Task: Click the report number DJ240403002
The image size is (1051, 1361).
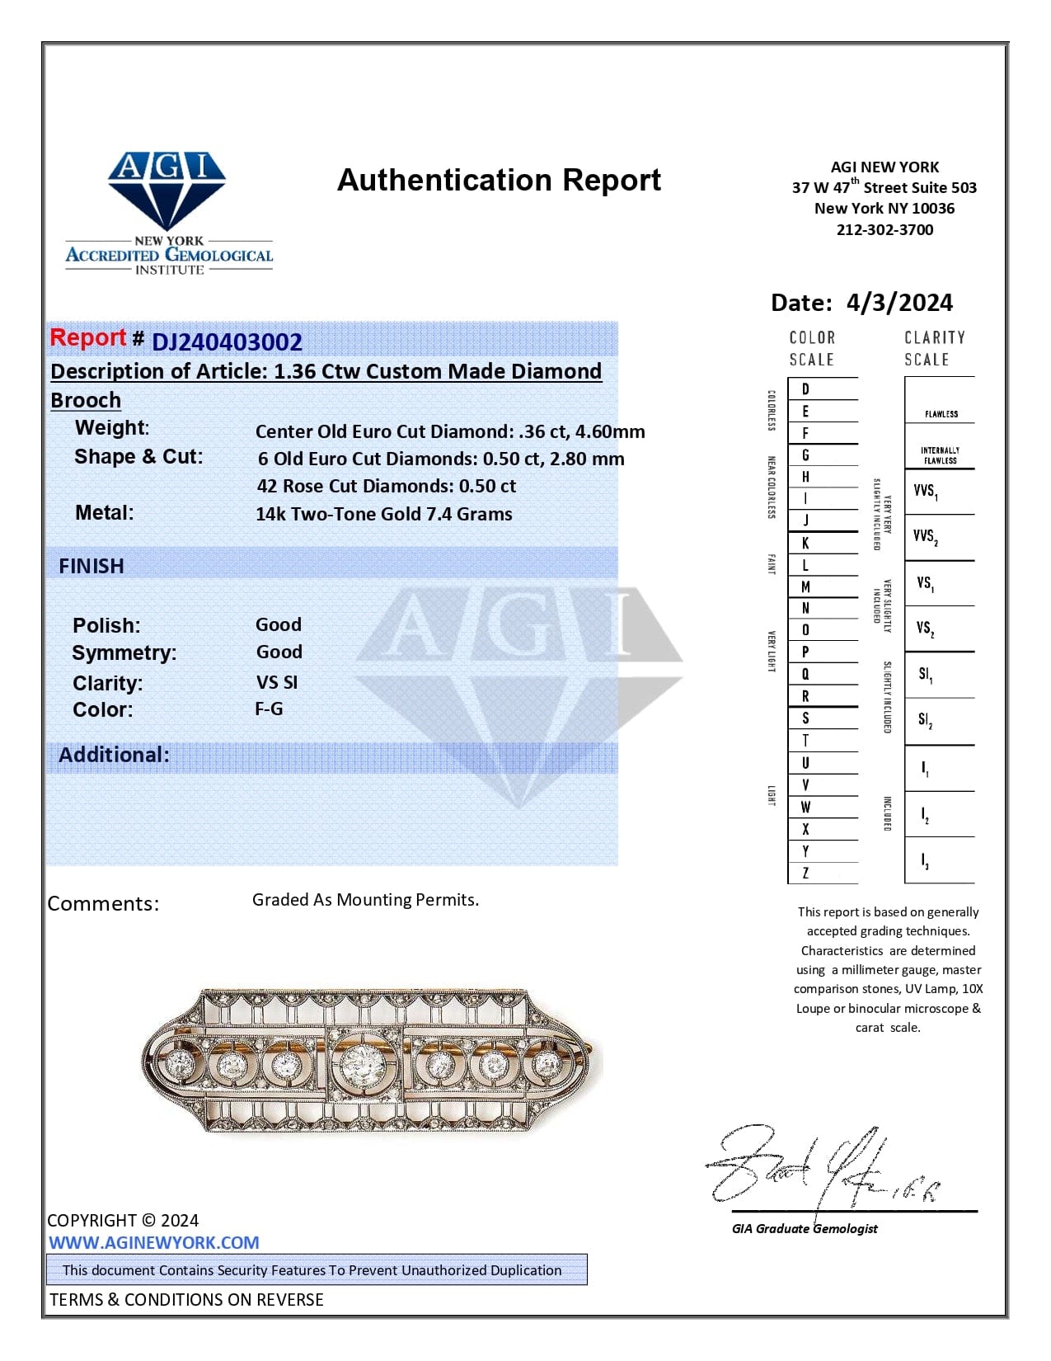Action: [227, 341]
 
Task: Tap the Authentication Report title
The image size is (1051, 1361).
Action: [499, 180]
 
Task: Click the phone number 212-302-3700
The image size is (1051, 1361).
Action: [884, 229]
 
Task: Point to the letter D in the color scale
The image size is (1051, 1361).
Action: [805, 389]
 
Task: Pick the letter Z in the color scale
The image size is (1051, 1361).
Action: [805, 873]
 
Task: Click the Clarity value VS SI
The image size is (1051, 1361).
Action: [277, 682]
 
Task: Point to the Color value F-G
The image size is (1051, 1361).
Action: [269, 709]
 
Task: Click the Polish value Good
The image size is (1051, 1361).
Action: [279, 624]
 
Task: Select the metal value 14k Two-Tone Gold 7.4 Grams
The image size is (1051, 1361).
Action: [383, 514]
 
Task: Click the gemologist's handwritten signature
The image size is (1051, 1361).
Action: [816, 1167]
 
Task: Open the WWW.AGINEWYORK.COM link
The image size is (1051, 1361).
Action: [154, 1242]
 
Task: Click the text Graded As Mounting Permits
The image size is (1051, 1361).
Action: [365, 899]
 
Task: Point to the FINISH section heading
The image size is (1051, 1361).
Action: [91, 566]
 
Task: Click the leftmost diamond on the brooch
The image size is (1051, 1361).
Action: [179, 1064]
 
